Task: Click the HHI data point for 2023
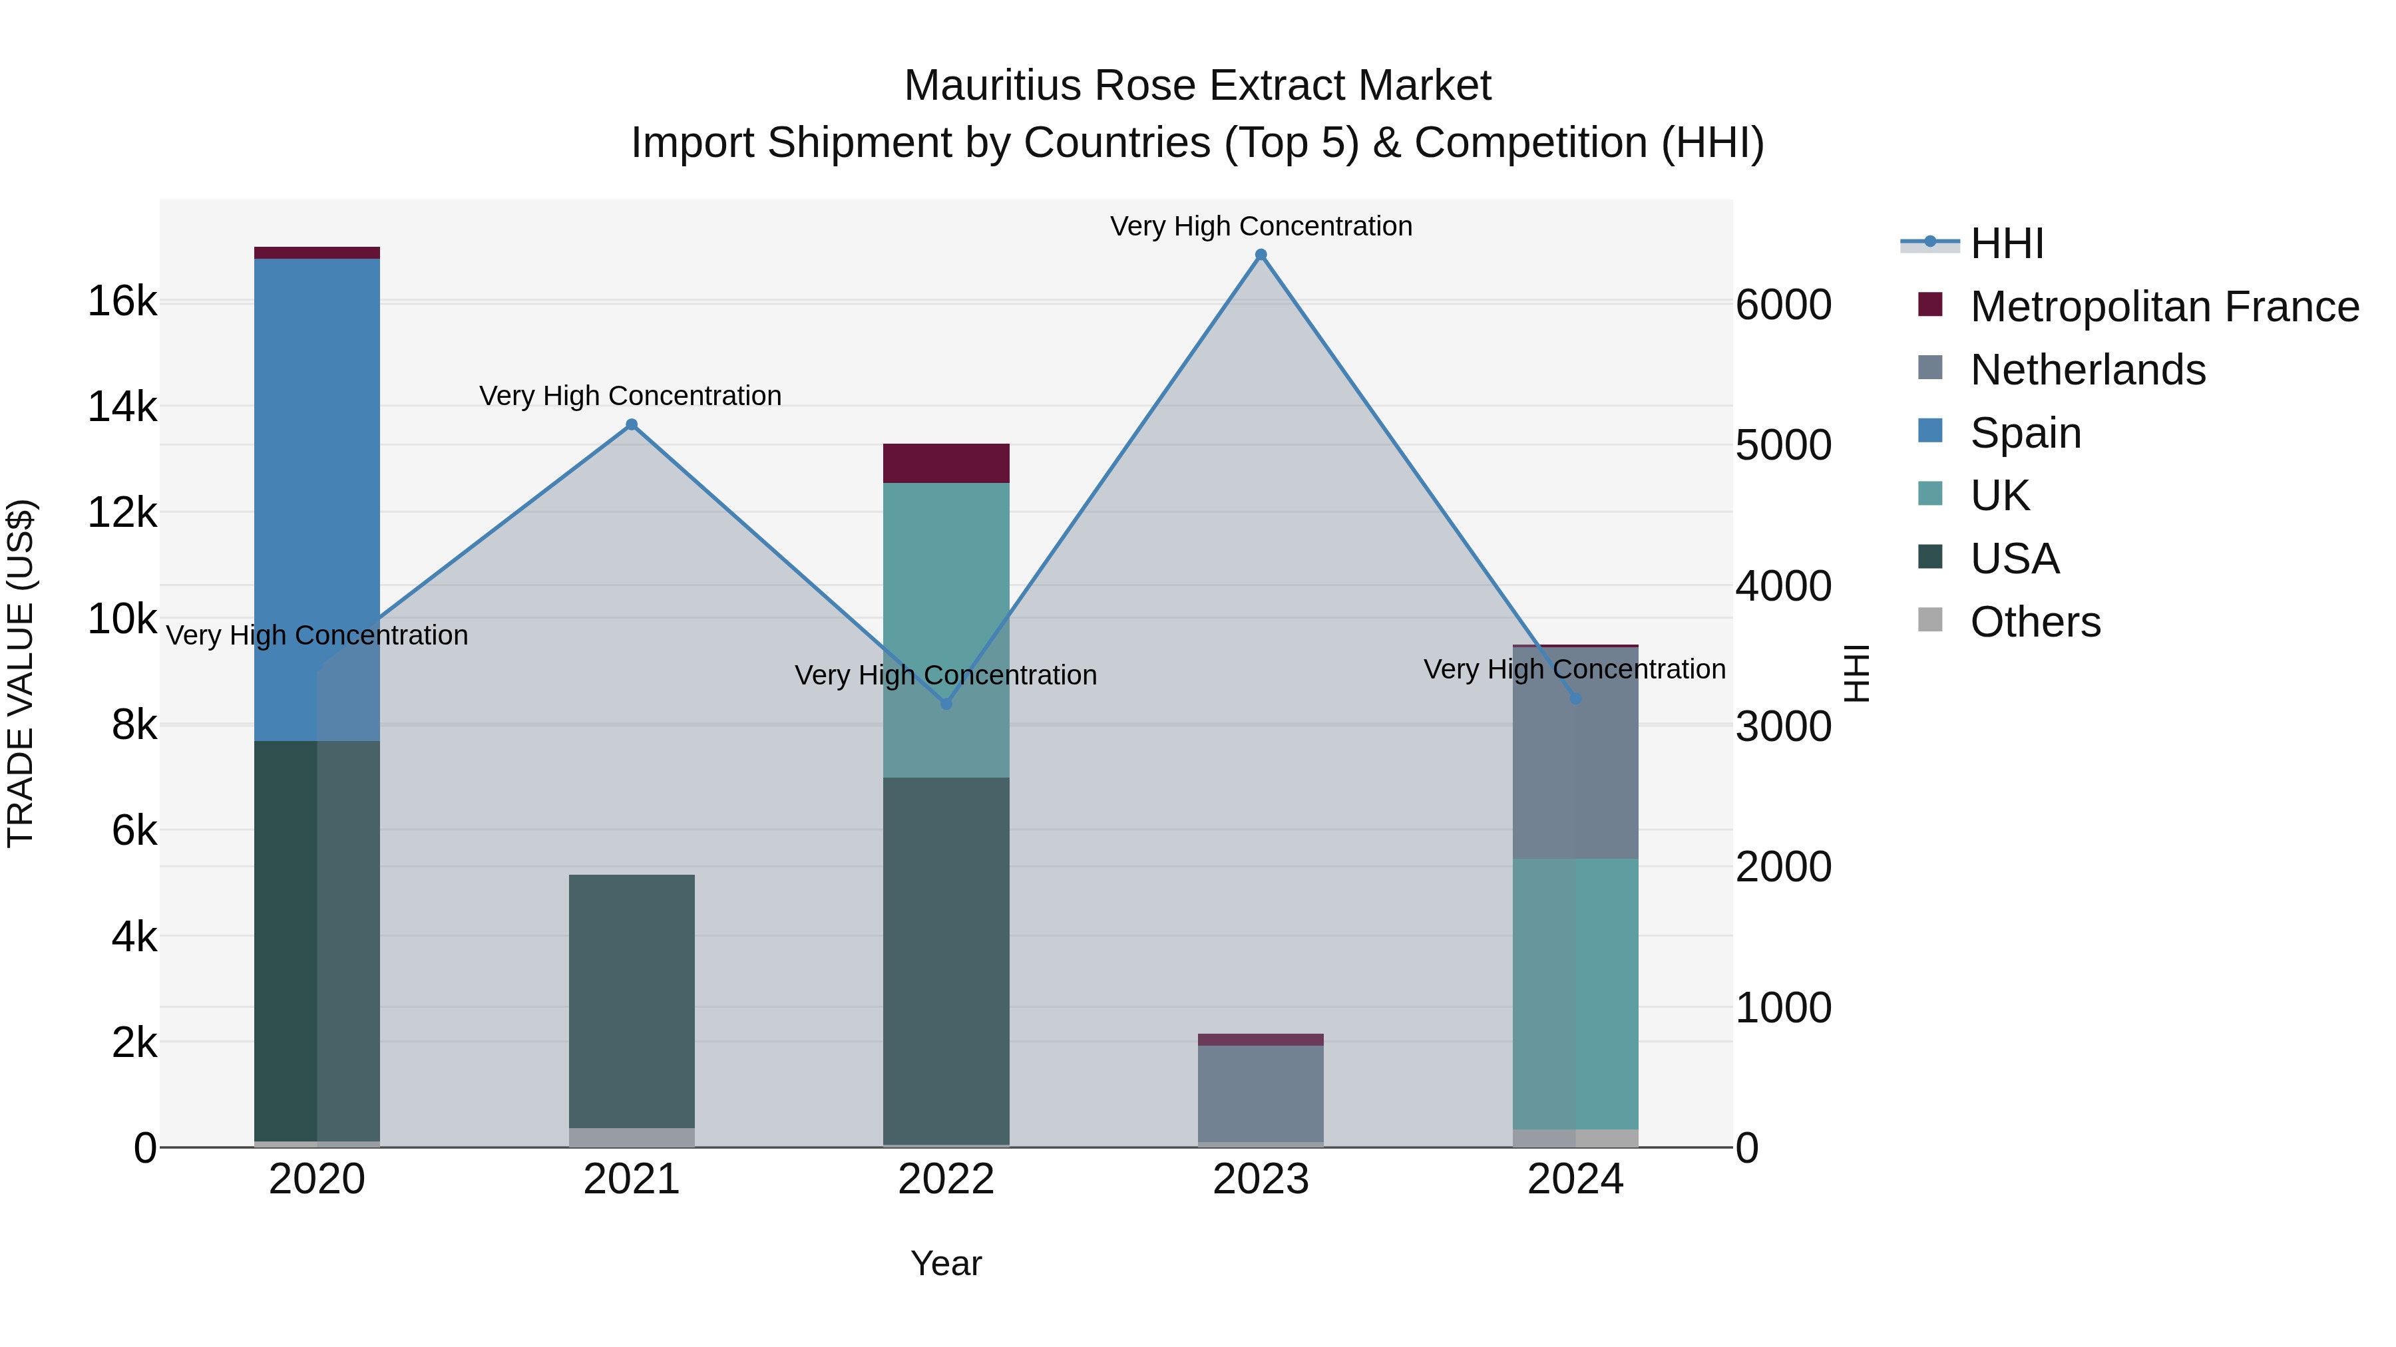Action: pyautogui.click(x=1261, y=255)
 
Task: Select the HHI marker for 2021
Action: pyautogui.click(x=632, y=425)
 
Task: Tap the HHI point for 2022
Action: pyautogui.click(x=946, y=704)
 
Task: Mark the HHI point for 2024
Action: pyautogui.click(x=1575, y=698)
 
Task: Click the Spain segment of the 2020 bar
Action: pyautogui.click(x=317, y=499)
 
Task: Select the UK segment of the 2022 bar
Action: pyautogui.click(x=946, y=629)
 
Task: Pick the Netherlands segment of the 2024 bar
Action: pyautogui.click(x=1575, y=753)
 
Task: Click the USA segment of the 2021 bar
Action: pyautogui.click(x=632, y=1001)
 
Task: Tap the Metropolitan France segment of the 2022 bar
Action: pyautogui.click(x=946, y=463)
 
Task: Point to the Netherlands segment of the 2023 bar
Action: pyautogui.click(x=1261, y=1093)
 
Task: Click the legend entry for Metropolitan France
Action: pyautogui.click(x=2164, y=307)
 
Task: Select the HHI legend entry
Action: pyautogui.click(x=2006, y=243)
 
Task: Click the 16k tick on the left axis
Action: pyautogui.click(x=122, y=301)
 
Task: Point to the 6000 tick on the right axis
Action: pyautogui.click(x=1783, y=305)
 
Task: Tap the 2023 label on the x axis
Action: pyautogui.click(x=1261, y=1179)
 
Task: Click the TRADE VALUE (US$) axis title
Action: pyautogui.click(x=21, y=673)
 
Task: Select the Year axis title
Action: pyautogui.click(x=946, y=1263)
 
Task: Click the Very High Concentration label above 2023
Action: pyautogui.click(x=1261, y=226)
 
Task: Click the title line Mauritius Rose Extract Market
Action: pyautogui.click(x=1197, y=86)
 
